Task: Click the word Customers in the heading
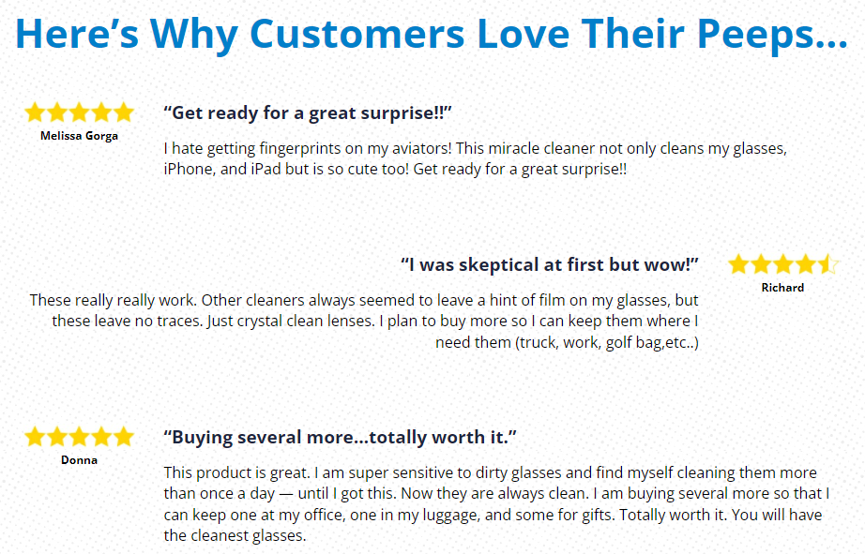[357, 34]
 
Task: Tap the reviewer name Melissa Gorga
[79, 136]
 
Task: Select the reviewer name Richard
[782, 287]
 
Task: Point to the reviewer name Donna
[79, 459]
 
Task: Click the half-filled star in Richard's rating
[827, 264]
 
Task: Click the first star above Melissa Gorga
[36, 112]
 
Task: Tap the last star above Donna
[124, 436]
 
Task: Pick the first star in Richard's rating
[738, 264]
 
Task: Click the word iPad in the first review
[266, 169]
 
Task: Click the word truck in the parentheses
[537, 342]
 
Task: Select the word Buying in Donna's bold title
[203, 438]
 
